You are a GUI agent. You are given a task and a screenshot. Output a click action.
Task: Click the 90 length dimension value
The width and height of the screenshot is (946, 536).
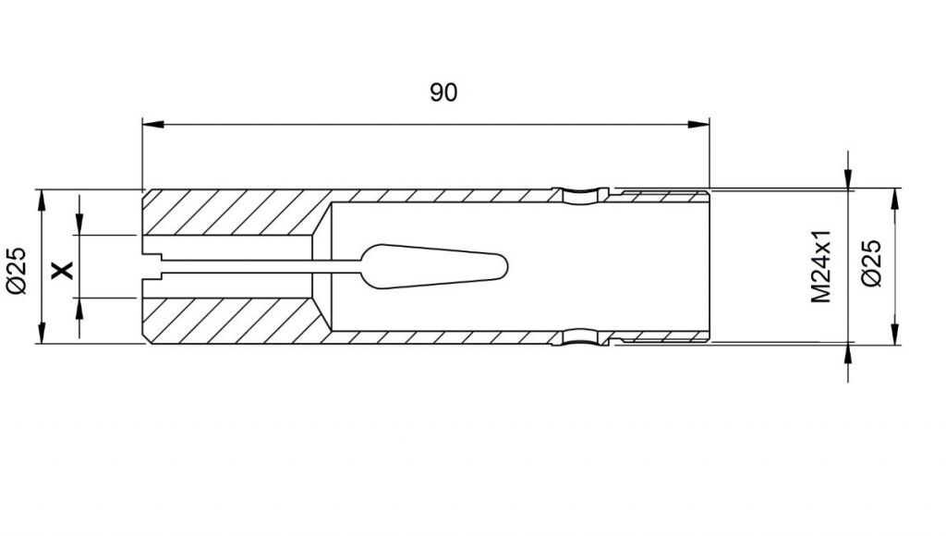(x=443, y=92)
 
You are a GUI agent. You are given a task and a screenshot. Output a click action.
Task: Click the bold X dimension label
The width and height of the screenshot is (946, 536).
(x=62, y=270)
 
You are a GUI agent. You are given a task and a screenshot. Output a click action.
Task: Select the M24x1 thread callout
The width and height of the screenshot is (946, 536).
(x=821, y=266)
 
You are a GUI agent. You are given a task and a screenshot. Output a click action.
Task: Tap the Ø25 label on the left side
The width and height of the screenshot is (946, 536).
(x=17, y=271)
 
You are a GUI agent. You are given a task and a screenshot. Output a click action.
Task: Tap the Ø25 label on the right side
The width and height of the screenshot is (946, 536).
(x=871, y=262)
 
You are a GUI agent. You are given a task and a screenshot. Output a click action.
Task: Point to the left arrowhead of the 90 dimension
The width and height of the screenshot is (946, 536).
(x=152, y=125)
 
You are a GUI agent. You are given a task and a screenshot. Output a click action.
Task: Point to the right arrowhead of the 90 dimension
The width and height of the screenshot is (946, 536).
(x=698, y=125)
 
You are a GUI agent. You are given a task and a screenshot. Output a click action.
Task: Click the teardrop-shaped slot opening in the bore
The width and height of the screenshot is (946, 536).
(x=433, y=266)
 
